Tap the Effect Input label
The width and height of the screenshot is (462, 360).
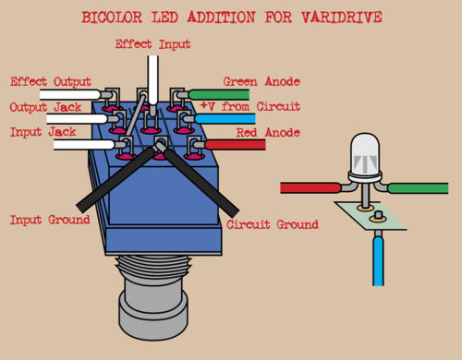tap(153, 43)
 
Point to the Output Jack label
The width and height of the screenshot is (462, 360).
tap(46, 107)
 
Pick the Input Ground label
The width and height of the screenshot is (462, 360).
tap(49, 220)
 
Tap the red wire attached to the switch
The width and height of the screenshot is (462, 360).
tap(231, 145)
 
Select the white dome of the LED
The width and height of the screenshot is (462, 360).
tap(366, 151)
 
